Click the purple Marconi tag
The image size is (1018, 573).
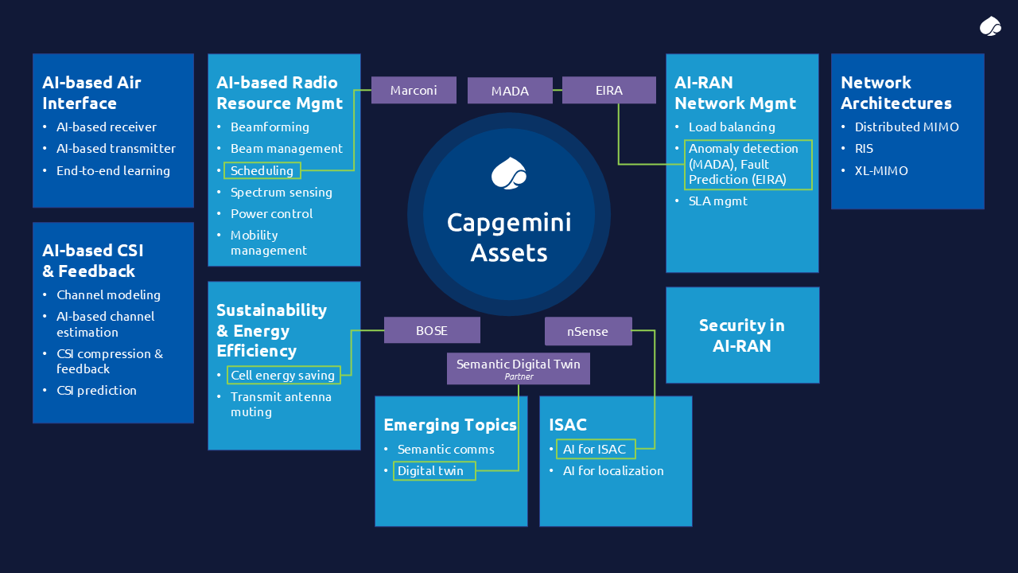[414, 90]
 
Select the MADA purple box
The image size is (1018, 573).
[510, 91]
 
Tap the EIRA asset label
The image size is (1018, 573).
[609, 90]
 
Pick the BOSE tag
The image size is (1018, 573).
[432, 330]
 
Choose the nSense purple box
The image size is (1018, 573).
[588, 331]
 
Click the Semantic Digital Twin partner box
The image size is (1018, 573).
[519, 368]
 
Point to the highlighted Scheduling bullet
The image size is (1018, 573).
[262, 170]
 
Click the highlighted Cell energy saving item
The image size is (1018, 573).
[282, 375]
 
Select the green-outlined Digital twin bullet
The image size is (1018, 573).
[433, 470]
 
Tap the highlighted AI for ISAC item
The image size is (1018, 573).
[595, 449]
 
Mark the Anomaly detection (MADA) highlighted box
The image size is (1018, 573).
[748, 164]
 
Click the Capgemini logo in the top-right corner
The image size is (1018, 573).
[990, 26]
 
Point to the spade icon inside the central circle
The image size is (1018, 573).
[509, 173]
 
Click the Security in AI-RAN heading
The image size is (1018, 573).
[742, 335]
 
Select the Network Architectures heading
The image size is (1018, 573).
[896, 92]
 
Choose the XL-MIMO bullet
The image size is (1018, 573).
[881, 170]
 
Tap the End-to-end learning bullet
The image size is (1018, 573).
[113, 170]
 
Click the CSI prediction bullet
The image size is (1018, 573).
[96, 390]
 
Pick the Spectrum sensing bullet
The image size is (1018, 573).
[282, 192]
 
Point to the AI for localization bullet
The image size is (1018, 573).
[613, 470]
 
